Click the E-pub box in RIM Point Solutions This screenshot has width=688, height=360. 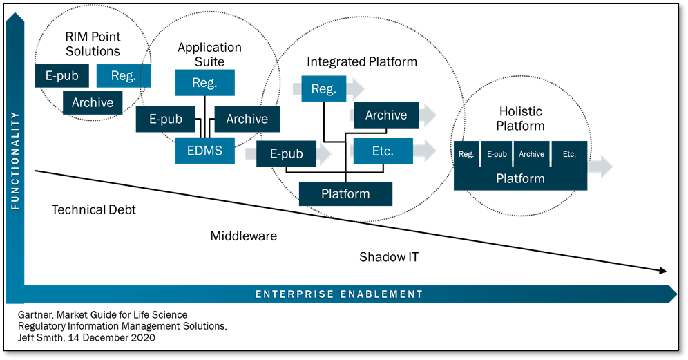coord(62,75)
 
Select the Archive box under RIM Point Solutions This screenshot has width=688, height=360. coord(93,103)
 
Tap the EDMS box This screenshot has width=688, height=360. coord(205,151)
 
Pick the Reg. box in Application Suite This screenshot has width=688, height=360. coord(205,82)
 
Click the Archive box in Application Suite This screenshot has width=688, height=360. coord(247,119)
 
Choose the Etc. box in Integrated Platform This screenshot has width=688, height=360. coord(383,151)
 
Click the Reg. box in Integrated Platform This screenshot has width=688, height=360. coord(324,88)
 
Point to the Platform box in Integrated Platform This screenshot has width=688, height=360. coord(346,193)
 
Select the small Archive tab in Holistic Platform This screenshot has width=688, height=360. coord(531,154)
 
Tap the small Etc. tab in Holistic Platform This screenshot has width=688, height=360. coord(569,154)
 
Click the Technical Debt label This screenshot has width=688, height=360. coord(94,210)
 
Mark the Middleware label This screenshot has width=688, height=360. coord(244,236)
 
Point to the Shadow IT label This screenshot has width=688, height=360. coord(389,257)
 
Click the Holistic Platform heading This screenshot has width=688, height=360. coord(520,119)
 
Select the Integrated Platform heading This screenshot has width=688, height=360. coord(362,62)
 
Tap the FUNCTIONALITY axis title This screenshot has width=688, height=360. coord(15,161)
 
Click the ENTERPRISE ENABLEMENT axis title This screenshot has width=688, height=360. coord(339,294)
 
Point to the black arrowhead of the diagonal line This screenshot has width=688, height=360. coord(662,271)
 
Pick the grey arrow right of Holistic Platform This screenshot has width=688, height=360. coord(600,167)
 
